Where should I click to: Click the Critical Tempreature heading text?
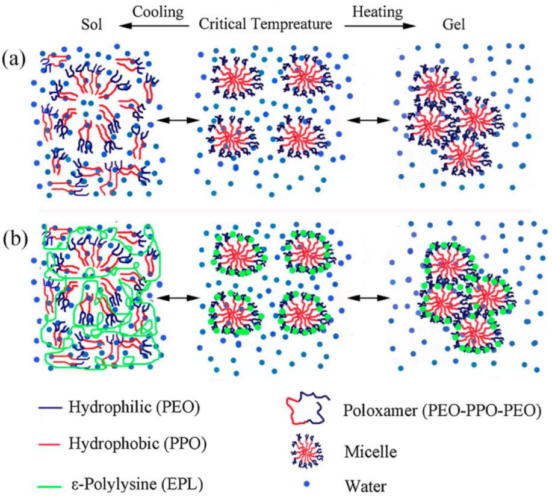click(x=266, y=25)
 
